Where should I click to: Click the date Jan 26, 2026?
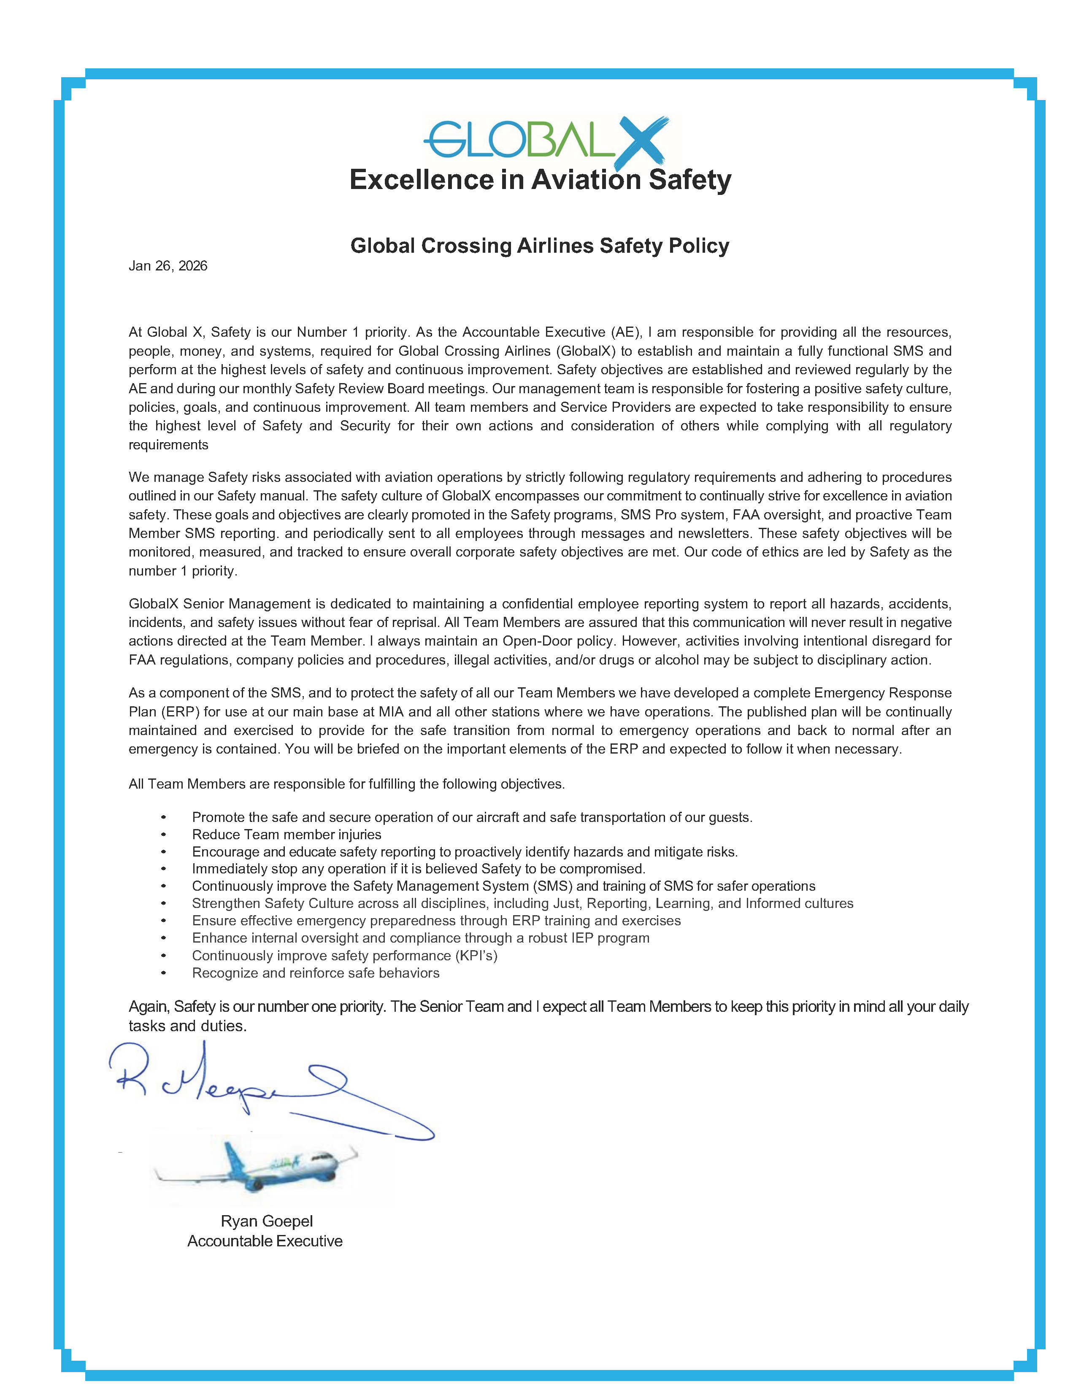(168, 266)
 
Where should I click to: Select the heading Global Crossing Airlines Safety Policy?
(539, 246)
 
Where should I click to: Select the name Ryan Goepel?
(266, 1221)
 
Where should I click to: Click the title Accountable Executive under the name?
(265, 1241)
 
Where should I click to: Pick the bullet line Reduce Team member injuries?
(287, 835)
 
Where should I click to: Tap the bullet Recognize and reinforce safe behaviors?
(315, 973)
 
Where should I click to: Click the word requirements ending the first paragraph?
(168, 445)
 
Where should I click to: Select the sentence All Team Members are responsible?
(346, 784)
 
